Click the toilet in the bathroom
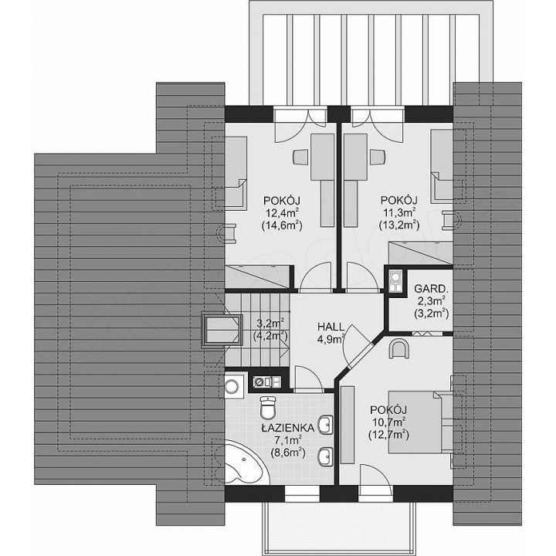tap(268, 408)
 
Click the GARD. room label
tap(429, 288)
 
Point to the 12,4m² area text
tap(282, 213)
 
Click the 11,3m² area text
tap(399, 213)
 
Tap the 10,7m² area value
tap(389, 422)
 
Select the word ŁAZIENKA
tap(287, 429)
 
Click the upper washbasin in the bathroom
tap(326, 425)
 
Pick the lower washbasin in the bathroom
tap(326, 456)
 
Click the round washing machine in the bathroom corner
tap(232, 386)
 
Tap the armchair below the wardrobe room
tap(400, 349)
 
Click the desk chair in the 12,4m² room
tap(300, 157)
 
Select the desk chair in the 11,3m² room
tap(378, 157)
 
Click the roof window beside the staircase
tap(221, 330)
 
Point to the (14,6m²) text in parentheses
tap(282, 225)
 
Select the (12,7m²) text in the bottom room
tap(388, 434)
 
